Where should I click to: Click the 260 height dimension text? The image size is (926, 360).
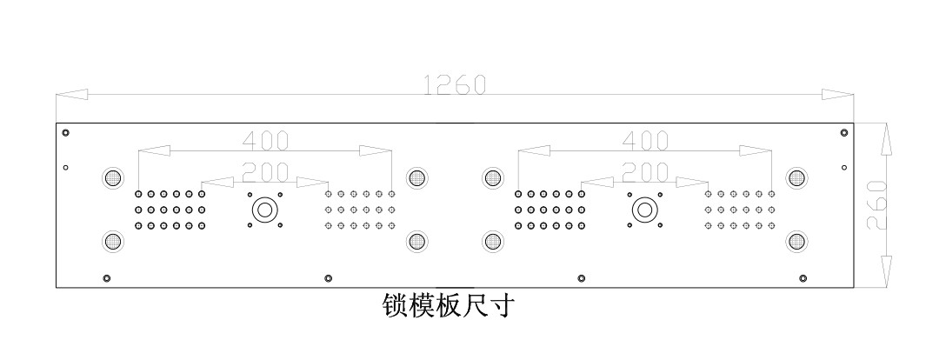[876, 205]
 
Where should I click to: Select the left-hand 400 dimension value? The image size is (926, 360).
[266, 141]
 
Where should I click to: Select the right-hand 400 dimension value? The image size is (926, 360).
[645, 141]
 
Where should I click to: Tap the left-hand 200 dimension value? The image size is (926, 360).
[266, 172]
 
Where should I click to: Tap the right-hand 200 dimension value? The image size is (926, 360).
[645, 172]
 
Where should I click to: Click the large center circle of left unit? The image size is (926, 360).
[264, 210]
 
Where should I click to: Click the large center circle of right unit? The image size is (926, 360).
[644, 210]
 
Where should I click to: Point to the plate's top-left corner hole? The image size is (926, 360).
[65, 132]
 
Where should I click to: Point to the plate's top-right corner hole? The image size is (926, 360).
[843, 132]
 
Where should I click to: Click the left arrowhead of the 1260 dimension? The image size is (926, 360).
[71, 95]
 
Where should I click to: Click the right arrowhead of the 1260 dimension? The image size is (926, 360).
[837, 95]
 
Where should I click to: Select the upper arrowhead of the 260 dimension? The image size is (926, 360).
[886, 139]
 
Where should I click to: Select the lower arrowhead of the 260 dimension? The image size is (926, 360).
[886, 272]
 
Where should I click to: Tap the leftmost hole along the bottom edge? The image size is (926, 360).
[107, 278]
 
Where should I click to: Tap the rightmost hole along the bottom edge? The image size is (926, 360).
[803, 278]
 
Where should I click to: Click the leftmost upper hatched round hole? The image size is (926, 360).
[112, 177]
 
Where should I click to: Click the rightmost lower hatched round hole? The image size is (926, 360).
[796, 241]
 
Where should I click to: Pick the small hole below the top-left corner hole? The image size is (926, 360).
[65, 168]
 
